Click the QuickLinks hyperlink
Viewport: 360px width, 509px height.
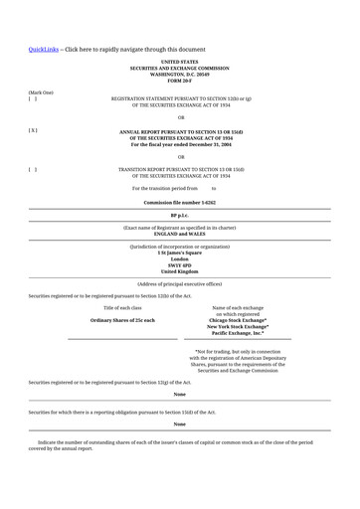coord(44,49)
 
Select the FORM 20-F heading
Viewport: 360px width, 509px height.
coord(180,80)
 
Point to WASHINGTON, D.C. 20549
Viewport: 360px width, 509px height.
coord(180,74)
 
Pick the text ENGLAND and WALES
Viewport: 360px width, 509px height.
coord(180,234)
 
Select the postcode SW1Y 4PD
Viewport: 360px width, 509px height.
coord(180,264)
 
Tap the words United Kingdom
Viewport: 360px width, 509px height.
coord(180,270)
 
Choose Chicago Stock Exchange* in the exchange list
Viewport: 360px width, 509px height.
coord(238,320)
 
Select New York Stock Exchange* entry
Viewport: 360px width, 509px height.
coord(238,326)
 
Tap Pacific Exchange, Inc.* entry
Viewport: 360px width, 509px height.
coord(238,333)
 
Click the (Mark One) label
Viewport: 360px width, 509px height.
coord(41,91)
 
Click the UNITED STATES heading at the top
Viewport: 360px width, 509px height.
coord(180,62)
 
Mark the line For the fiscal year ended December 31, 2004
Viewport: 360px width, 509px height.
coord(180,143)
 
